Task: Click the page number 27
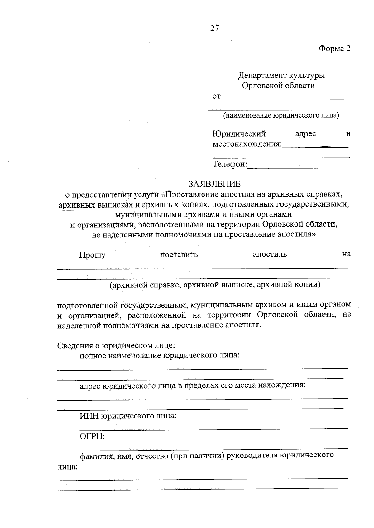(215, 28)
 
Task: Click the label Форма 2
(334, 49)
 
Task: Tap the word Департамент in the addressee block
(262, 76)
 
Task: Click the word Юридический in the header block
(239, 134)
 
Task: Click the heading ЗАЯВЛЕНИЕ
(214, 184)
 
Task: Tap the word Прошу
(92, 255)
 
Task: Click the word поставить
(179, 255)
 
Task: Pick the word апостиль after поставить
(270, 254)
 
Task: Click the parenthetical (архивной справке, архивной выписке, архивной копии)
(215, 284)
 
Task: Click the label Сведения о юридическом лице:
(116, 345)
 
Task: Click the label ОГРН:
(92, 436)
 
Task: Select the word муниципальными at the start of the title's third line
(143, 215)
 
